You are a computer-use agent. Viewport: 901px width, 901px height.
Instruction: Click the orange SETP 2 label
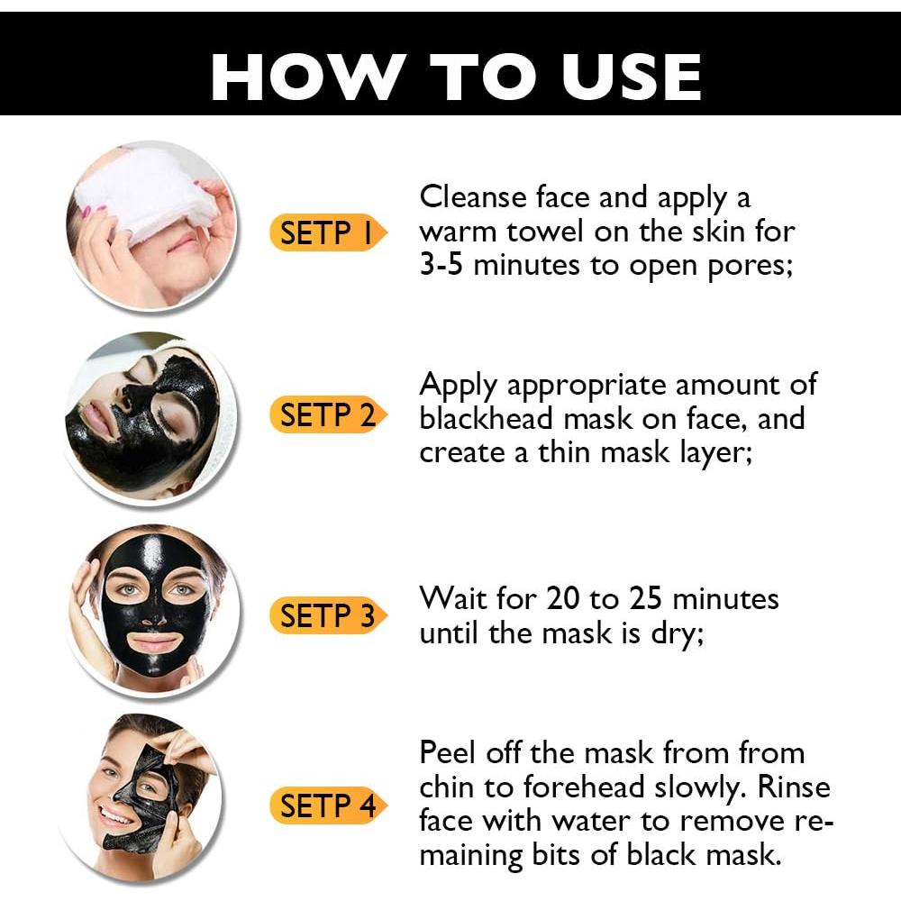click(326, 415)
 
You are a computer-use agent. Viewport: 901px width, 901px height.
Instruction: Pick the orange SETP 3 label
click(326, 616)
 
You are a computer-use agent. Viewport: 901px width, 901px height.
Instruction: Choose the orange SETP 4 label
click(326, 805)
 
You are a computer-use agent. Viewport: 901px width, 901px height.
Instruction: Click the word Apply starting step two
click(458, 386)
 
